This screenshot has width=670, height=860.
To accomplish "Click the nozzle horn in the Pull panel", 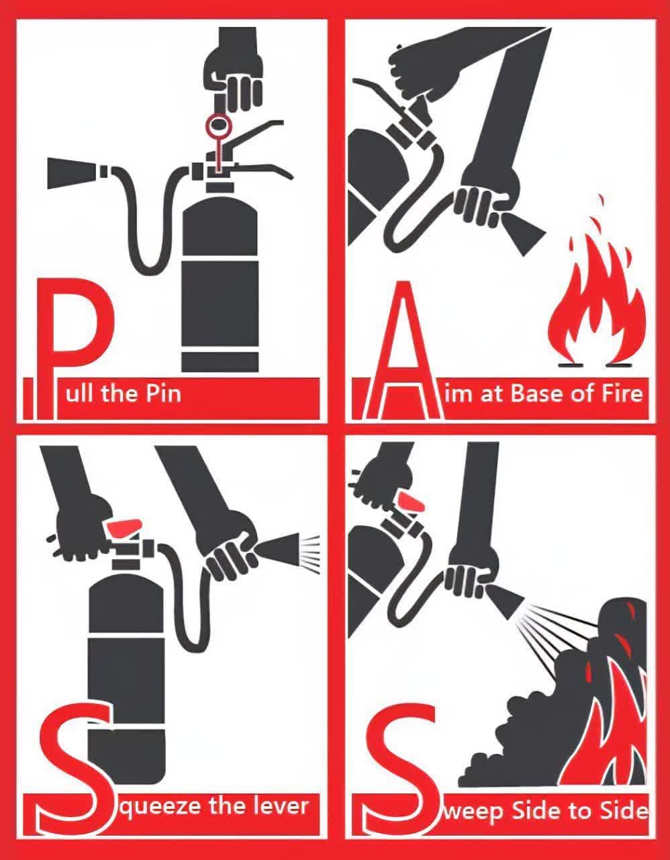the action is pos(73,173).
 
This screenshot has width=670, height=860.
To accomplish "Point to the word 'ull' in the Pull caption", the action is pos(79,394).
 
